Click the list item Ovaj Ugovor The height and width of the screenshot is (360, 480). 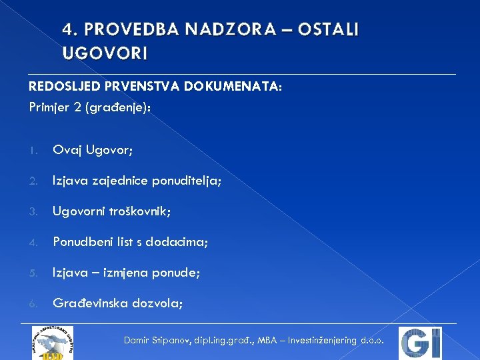click(93, 151)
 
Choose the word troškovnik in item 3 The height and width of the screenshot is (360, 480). click(142, 212)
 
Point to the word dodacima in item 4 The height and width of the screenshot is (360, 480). click(182, 243)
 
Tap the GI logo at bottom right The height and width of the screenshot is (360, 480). click(420, 343)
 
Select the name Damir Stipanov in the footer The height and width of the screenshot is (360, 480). click(157, 341)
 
